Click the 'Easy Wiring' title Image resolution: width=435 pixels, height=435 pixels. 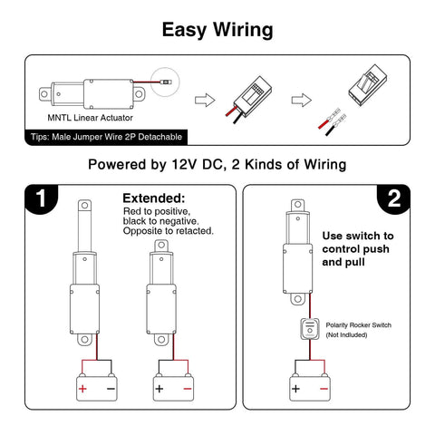click(217, 29)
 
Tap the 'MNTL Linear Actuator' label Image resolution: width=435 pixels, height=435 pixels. click(89, 118)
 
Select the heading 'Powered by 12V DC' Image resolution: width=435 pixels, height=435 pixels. click(217, 166)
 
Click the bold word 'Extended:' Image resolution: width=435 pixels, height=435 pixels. click(153, 198)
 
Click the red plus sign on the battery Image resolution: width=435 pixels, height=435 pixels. click(83, 388)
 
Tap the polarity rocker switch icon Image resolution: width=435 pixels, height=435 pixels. click(307, 329)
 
